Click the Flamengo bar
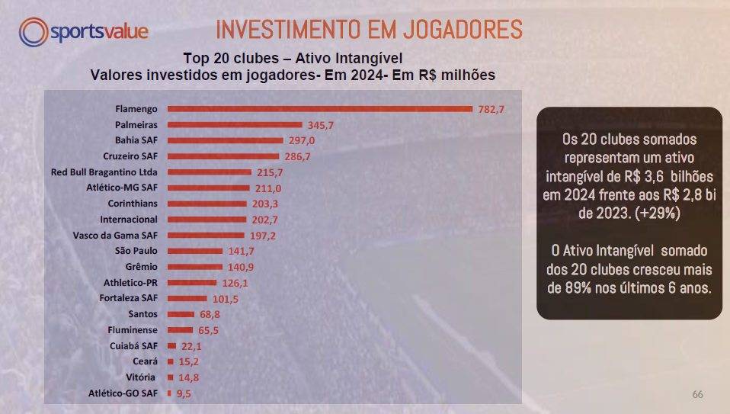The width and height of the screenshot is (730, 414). click(x=320, y=109)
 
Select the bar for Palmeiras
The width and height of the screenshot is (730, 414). click(x=235, y=124)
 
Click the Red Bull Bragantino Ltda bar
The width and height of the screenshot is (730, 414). click(x=210, y=172)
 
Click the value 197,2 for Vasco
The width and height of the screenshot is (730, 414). click(x=263, y=236)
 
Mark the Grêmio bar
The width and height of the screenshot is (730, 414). click(x=195, y=267)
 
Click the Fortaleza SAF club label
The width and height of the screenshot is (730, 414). click(x=130, y=298)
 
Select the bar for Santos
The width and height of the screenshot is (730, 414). click(x=181, y=314)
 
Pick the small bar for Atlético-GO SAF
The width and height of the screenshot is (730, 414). click(x=169, y=393)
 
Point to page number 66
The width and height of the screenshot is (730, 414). click(x=697, y=394)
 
